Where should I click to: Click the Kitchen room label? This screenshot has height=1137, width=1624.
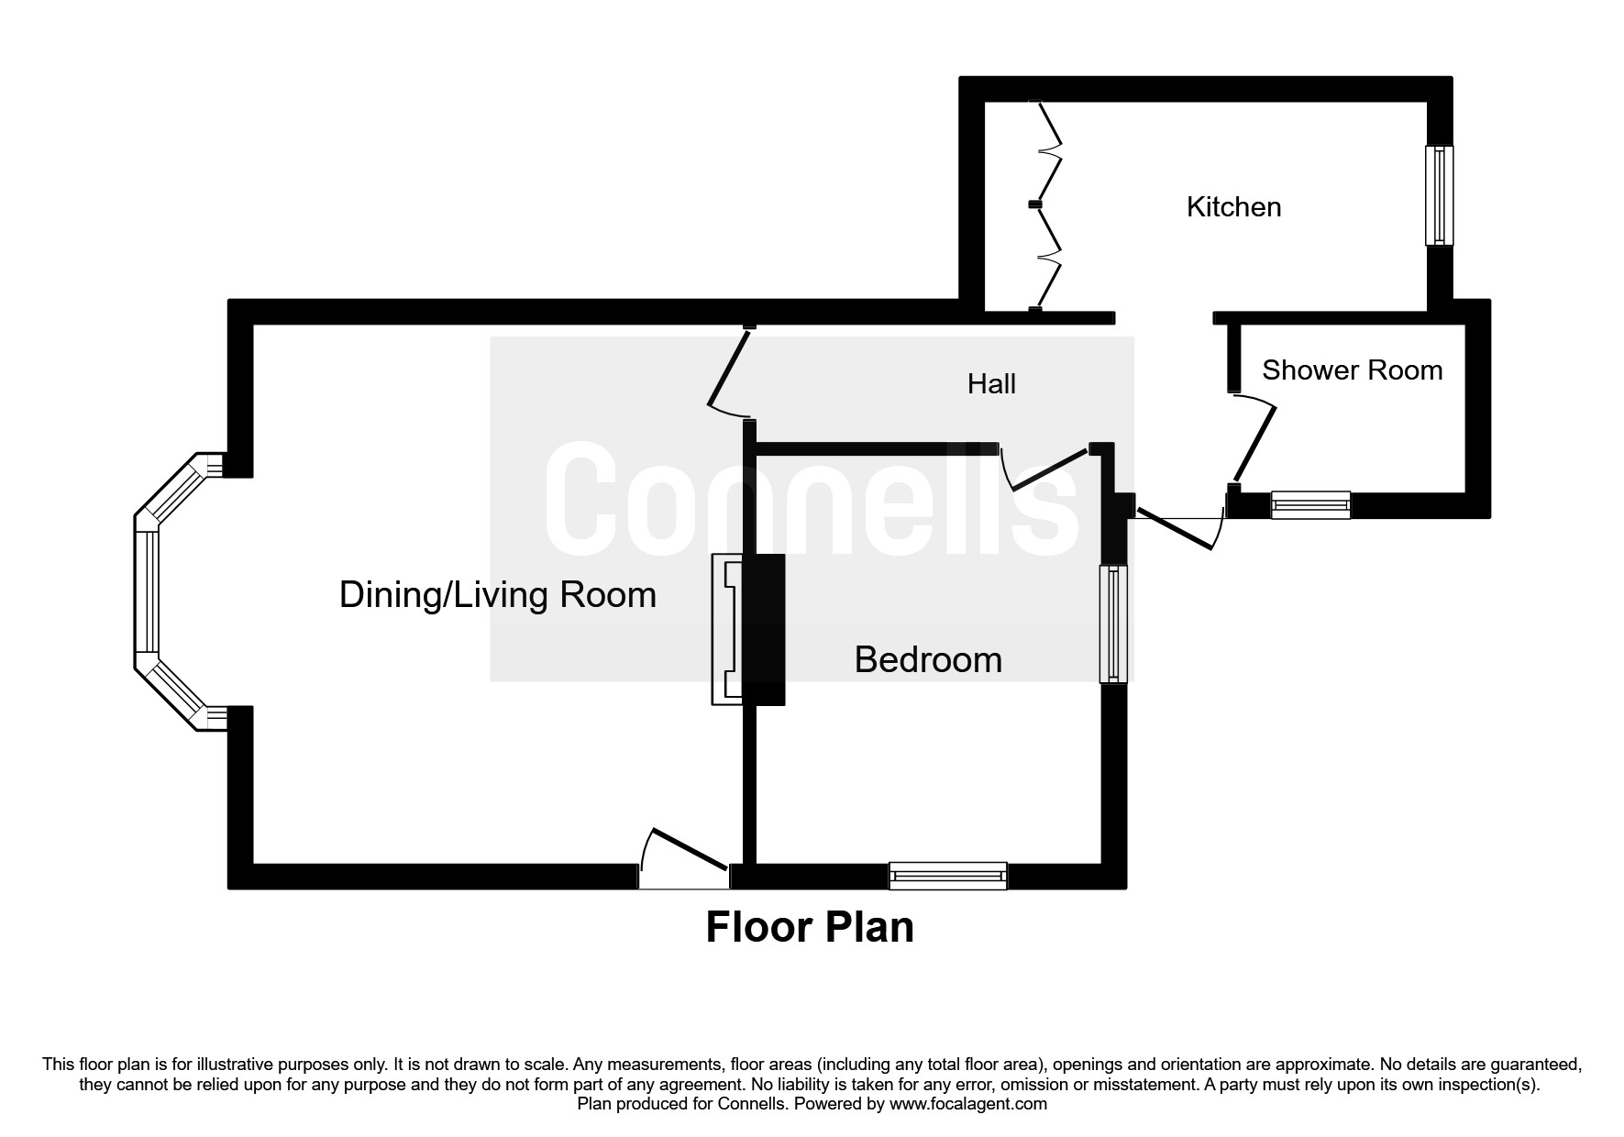click(x=1233, y=207)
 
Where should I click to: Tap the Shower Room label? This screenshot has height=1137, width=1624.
click(x=1352, y=370)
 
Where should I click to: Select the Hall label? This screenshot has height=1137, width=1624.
click(x=991, y=384)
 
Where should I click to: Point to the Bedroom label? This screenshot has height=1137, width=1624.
click(x=928, y=660)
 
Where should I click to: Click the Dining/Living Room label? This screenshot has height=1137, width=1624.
click(x=498, y=595)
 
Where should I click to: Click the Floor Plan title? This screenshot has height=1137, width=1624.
click(x=810, y=927)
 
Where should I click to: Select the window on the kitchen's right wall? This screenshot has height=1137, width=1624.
click(x=1439, y=195)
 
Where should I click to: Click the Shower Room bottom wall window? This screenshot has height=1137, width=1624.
click(x=1310, y=504)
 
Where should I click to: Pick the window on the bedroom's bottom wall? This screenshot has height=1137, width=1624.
click(x=948, y=876)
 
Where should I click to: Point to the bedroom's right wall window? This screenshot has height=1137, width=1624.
click(x=1113, y=624)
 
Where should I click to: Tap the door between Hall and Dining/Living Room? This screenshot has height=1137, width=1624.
click(x=731, y=371)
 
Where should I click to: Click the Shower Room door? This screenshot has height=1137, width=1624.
click(x=1254, y=440)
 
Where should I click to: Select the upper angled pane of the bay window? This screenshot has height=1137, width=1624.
click(x=178, y=490)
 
